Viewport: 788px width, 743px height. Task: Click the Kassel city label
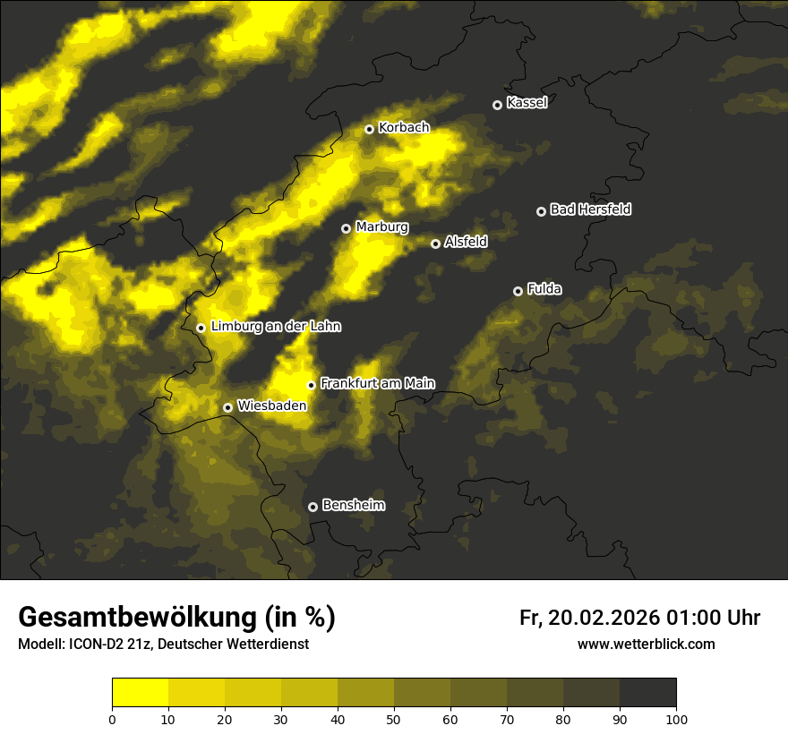pos(527,103)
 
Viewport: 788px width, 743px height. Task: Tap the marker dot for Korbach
pos(369,129)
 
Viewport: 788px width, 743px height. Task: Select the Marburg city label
pos(381,227)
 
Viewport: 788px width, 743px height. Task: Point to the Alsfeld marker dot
pos(435,243)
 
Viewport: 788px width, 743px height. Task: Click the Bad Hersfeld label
pos(590,209)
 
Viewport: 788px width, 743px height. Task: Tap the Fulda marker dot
pos(518,291)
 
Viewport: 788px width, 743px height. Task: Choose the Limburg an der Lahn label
pos(276,327)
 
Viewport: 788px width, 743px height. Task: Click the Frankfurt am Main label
pos(377,383)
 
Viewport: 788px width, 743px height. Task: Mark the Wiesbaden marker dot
pos(228,407)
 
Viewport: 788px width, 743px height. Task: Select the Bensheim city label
pos(353,505)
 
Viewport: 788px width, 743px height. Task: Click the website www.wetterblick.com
pos(647,644)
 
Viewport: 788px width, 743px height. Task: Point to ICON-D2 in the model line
pos(98,645)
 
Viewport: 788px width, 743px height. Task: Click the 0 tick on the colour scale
pos(112,719)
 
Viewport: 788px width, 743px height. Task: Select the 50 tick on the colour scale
pos(394,719)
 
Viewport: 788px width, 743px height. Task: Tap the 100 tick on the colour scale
pos(676,719)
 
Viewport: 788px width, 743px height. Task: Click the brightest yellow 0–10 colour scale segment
pos(141,693)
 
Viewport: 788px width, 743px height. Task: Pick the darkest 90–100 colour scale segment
pos(647,693)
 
